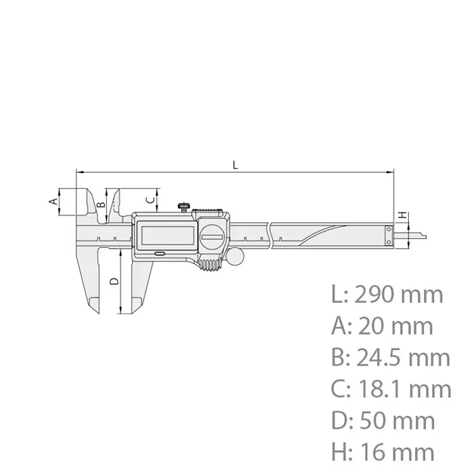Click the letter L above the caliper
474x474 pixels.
[235, 165]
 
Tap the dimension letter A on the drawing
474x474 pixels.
[51, 201]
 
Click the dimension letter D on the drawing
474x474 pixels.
[114, 280]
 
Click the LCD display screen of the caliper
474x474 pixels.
[166, 235]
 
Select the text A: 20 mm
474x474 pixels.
[382, 326]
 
